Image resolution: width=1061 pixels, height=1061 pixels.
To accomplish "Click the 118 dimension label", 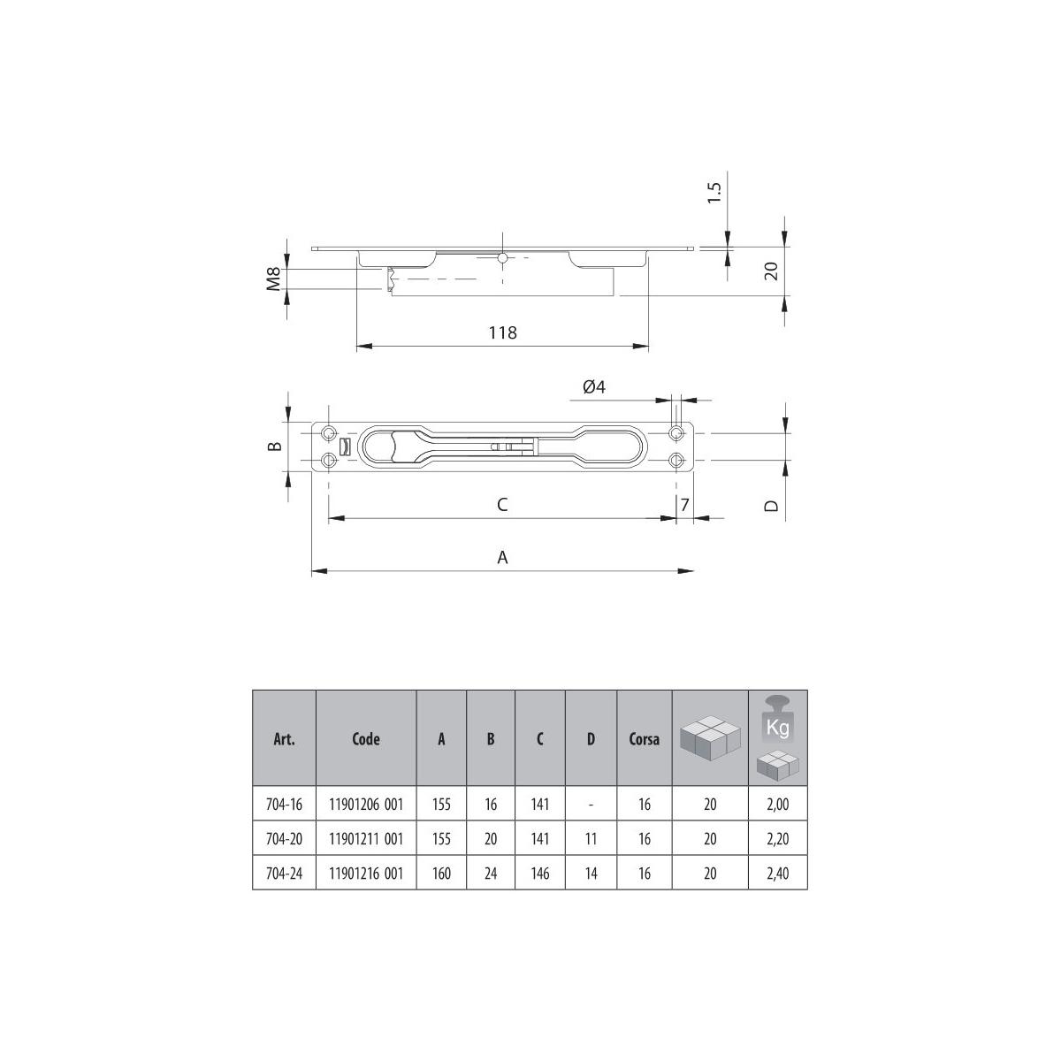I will coord(502,332).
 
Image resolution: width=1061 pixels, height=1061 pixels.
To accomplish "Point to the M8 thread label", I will coord(274,279).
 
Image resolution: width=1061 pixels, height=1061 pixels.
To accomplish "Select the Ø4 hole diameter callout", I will coord(593,386).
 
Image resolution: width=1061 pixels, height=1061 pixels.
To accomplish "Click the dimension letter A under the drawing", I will coord(502,557).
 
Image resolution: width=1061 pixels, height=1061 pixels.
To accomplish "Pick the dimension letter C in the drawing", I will coord(501,504).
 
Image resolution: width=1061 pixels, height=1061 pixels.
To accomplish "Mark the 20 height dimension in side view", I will coord(770,271).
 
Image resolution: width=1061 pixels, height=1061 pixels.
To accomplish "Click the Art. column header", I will coord(284,739).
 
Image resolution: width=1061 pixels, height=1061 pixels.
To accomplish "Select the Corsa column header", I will coord(644,739).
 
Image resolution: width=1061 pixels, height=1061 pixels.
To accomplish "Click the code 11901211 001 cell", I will coord(366,839).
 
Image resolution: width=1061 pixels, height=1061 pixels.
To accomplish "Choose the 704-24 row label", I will coord(284,874).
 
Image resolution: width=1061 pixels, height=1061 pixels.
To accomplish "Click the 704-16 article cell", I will coord(284,805).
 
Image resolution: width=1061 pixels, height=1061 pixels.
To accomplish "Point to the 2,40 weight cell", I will coord(777,874).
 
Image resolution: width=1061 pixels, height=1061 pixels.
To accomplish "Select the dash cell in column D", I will coord(591,805).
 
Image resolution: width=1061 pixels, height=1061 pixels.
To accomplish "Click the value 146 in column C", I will coord(539,874).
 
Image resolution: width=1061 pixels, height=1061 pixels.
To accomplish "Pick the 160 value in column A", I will coord(441,874).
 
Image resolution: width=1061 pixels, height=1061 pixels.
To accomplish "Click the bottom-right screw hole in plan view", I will coord(676,460).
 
